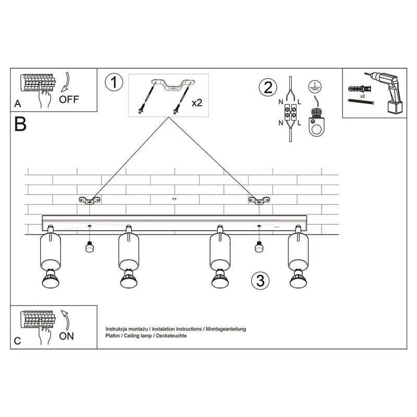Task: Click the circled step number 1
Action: [114, 82]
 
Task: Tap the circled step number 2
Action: [268, 88]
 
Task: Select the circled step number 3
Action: [260, 280]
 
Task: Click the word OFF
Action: [69, 100]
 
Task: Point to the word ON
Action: [67, 336]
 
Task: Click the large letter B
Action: [20, 124]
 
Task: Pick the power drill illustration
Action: [384, 92]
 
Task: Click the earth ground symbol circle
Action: [315, 87]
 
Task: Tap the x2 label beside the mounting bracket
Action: [197, 103]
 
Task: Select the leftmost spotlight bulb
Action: [51, 279]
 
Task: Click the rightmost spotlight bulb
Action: [298, 279]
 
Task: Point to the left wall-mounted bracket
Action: [90, 201]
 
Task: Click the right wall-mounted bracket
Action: [259, 201]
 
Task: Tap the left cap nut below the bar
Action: [90, 247]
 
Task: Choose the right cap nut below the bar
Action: [259, 247]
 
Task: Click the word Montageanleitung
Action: [226, 329]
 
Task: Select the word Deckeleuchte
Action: [171, 336]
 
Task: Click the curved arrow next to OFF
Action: [65, 82]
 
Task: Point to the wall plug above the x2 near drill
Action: [360, 88]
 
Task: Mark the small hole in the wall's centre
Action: [174, 199]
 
